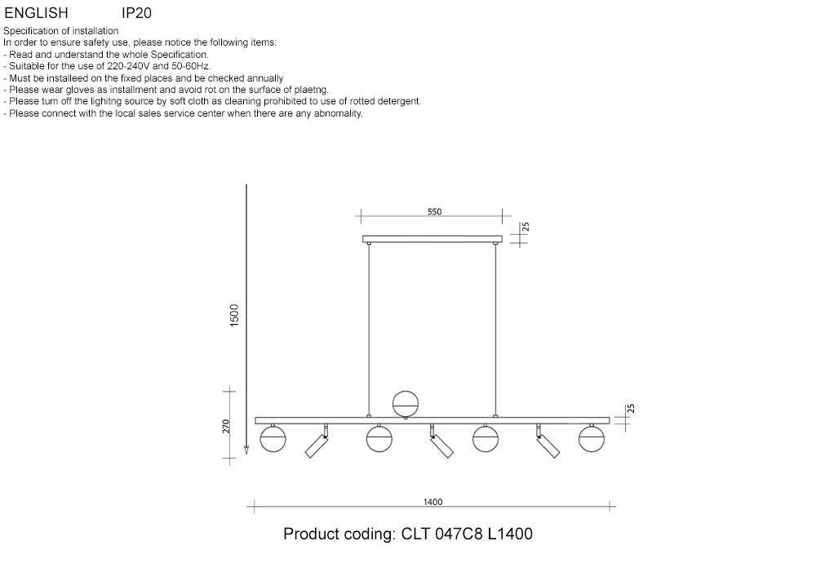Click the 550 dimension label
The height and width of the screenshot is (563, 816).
(x=434, y=212)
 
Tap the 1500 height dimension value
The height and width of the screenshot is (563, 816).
(x=234, y=315)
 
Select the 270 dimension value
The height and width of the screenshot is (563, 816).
(x=226, y=426)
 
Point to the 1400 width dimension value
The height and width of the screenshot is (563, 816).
(x=433, y=502)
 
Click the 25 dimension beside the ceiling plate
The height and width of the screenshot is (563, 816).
(x=526, y=227)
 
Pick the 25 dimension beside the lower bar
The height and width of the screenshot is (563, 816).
(x=631, y=409)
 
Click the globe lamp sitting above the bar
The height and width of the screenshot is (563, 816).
(x=406, y=405)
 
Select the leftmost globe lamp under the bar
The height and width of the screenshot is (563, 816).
(x=273, y=438)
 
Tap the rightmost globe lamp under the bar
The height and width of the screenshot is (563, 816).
(x=592, y=438)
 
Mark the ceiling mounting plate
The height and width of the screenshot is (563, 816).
(x=432, y=239)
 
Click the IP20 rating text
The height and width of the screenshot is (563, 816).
(x=136, y=13)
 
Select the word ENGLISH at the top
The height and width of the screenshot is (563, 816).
(x=37, y=13)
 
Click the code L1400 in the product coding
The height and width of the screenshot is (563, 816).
(x=510, y=534)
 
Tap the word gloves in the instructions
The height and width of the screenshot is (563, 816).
(x=80, y=90)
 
